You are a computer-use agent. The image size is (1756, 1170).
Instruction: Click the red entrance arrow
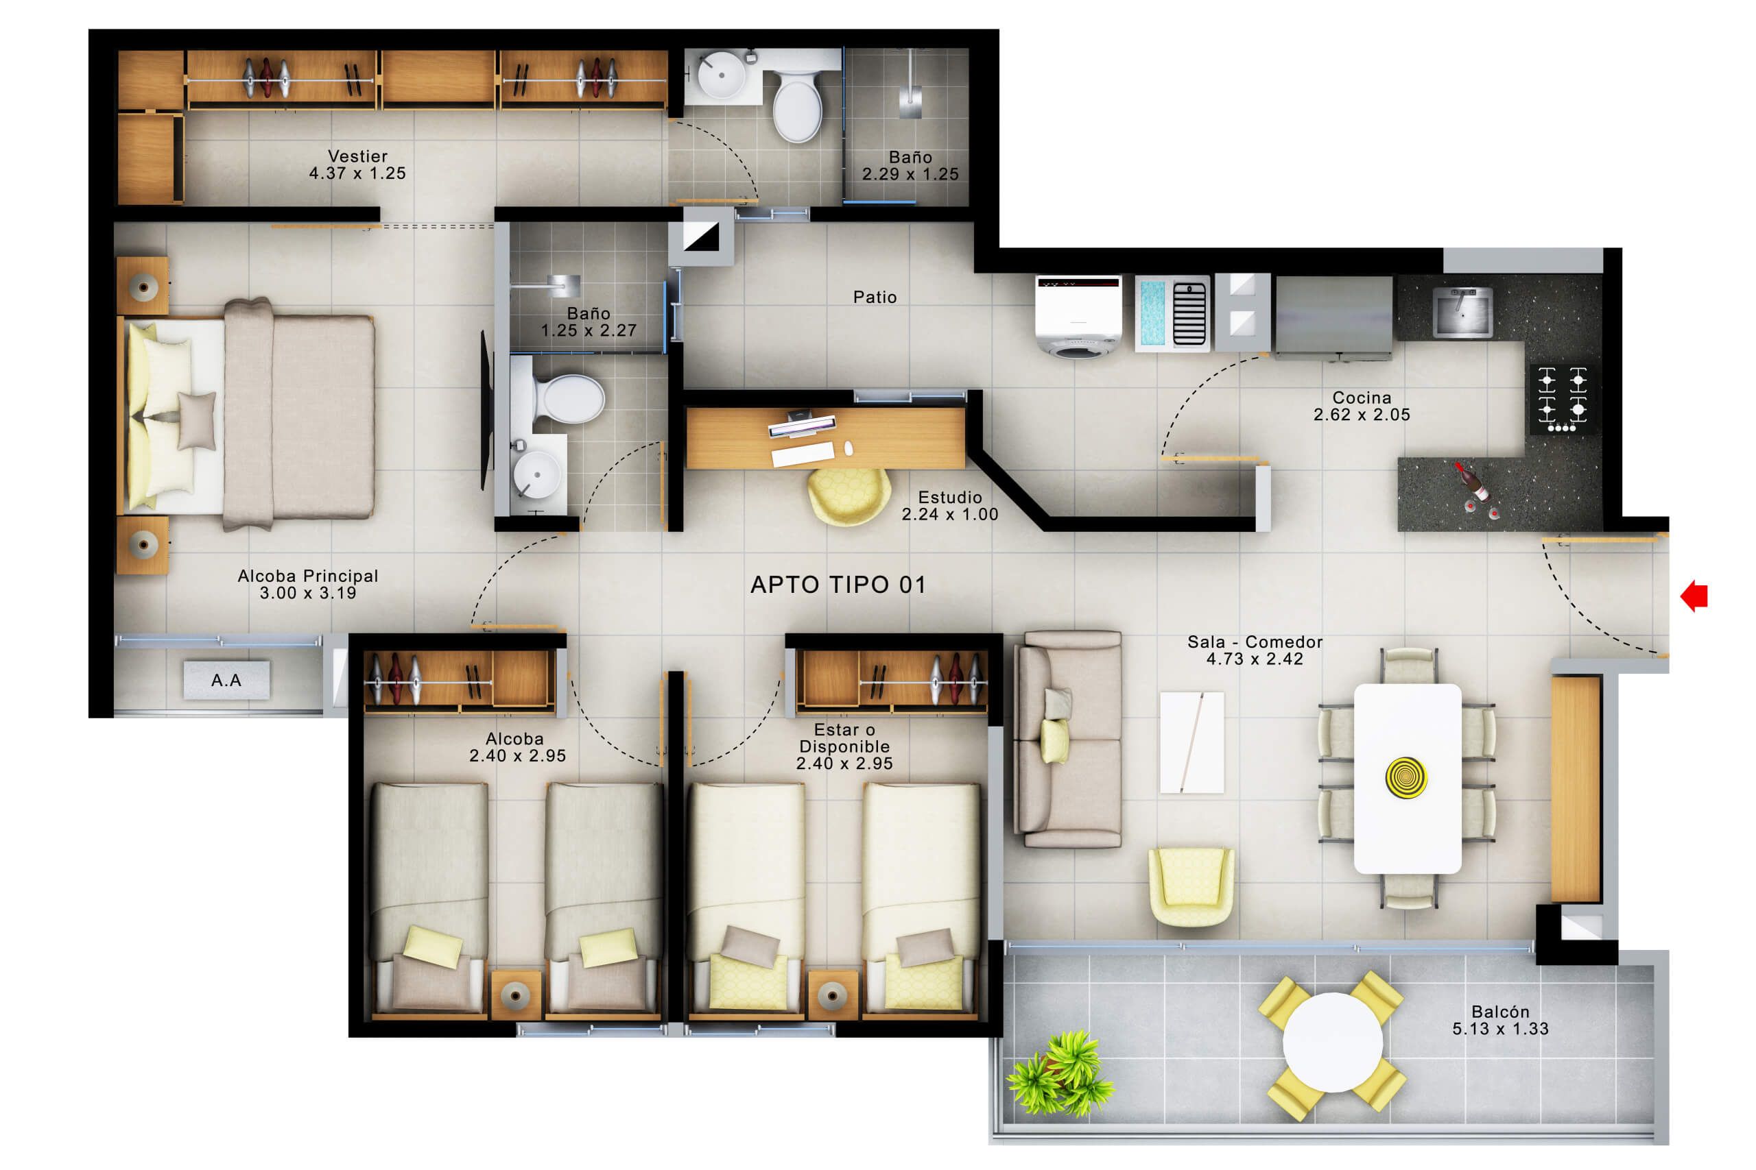pyautogui.click(x=1696, y=596)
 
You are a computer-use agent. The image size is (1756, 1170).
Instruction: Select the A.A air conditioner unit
pyautogui.click(x=226, y=680)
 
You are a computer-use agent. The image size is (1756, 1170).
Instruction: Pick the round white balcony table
pyautogui.click(x=1332, y=1043)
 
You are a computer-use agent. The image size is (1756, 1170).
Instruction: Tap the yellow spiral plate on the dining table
pyautogui.click(x=1406, y=777)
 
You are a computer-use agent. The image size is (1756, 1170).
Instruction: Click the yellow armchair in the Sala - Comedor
pyautogui.click(x=1191, y=885)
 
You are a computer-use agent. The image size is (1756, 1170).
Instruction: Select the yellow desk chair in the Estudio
pyautogui.click(x=849, y=496)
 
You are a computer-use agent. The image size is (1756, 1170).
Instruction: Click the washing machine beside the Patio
pyautogui.click(x=1078, y=317)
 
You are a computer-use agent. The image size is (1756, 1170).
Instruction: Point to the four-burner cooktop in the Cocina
pyautogui.click(x=1563, y=398)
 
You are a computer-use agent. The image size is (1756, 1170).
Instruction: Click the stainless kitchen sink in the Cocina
pyautogui.click(x=1462, y=312)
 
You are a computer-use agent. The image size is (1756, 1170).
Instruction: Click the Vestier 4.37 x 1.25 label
pyautogui.click(x=357, y=165)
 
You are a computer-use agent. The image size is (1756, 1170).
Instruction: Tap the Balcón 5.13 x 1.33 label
pyautogui.click(x=1500, y=1020)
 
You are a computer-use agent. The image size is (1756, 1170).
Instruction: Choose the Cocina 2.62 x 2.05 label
pyautogui.click(x=1361, y=406)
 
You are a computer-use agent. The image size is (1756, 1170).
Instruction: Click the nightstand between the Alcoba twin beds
pyautogui.click(x=515, y=993)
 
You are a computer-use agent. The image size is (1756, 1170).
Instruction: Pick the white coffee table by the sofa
pyautogui.click(x=1191, y=742)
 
